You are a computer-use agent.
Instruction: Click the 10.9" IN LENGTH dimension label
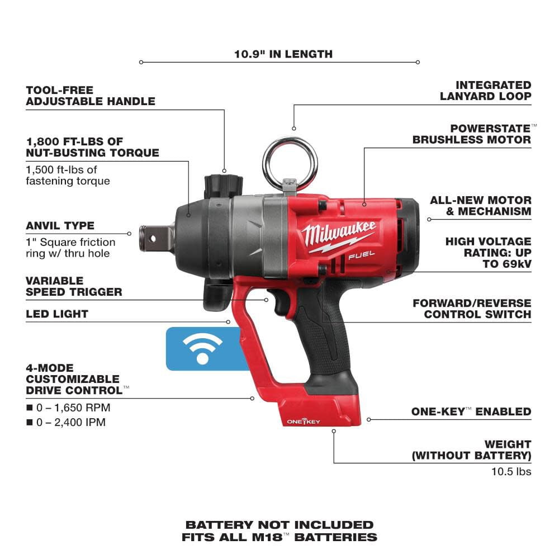point(283,54)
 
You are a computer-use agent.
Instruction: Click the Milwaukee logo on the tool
point(339,235)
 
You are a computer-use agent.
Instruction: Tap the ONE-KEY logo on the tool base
point(305,421)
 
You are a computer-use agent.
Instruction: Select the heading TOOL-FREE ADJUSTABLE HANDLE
point(90,96)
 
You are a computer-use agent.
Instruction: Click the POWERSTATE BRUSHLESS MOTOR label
point(473,134)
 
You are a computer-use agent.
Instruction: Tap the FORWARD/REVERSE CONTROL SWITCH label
point(472,309)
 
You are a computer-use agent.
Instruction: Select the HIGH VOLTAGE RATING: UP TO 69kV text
point(488,252)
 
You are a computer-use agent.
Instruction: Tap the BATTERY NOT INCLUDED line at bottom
point(279,525)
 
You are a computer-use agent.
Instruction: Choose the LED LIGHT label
point(57,314)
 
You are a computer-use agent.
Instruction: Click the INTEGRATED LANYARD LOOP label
point(485,90)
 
